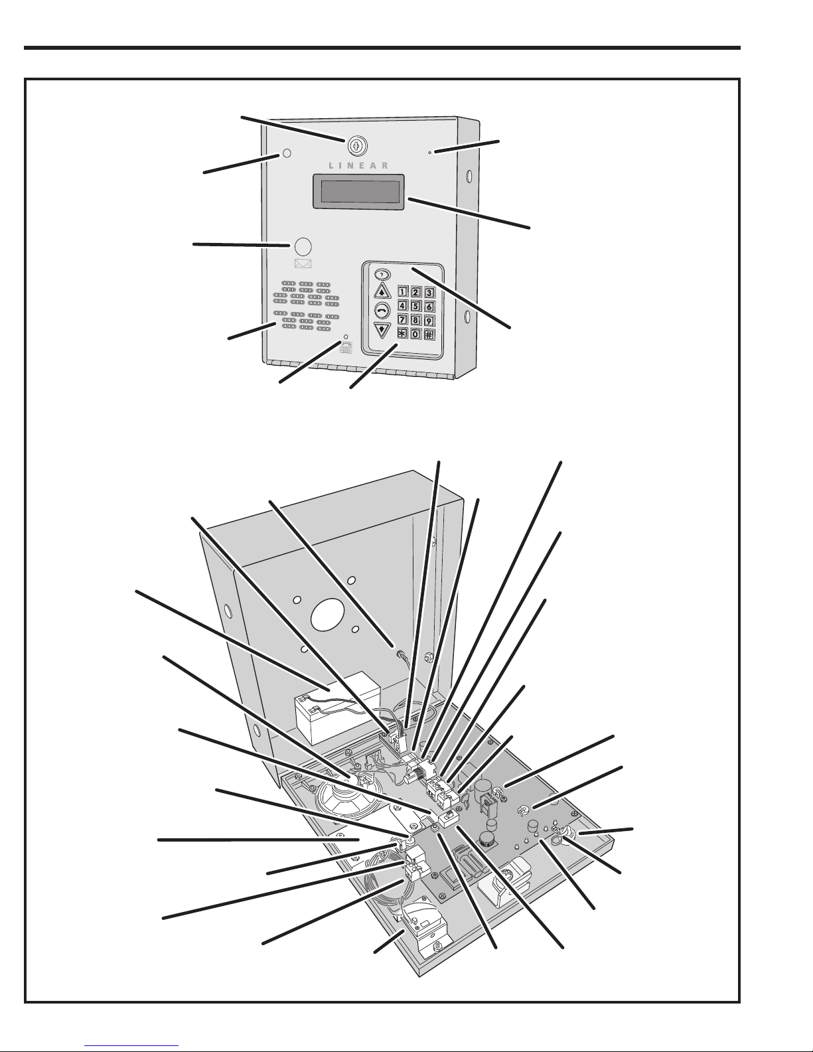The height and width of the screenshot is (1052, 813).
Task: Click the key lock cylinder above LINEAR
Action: pyautogui.click(x=356, y=146)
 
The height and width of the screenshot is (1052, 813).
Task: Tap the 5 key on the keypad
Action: pyautogui.click(x=415, y=306)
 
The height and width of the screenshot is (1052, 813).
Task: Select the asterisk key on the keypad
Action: pyautogui.click(x=402, y=334)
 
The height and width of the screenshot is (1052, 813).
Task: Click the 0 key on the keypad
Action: pyautogui.click(x=415, y=334)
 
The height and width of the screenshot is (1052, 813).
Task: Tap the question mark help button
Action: pyautogui.click(x=382, y=275)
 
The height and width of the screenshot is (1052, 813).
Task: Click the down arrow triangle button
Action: pyautogui.click(x=382, y=330)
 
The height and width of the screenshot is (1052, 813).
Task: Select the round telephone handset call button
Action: pyautogui.click(x=382, y=309)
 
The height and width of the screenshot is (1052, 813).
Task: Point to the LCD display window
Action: pyautogui.click(x=358, y=191)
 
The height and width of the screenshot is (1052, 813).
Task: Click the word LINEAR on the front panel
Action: pyautogui.click(x=358, y=165)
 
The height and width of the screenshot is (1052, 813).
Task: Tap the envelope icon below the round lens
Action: pyautogui.click(x=303, y=263)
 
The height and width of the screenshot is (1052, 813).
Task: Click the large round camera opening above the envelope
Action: pyautogui.click(x=303, y=246)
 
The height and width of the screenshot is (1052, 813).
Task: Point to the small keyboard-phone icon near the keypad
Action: pyautogui.click(x=346, y=348)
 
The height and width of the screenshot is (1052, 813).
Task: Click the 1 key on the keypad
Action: pyautogui.click(x=403, y=292)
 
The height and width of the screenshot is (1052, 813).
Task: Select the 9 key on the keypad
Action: pyautogui.click(x=429, y=320)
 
